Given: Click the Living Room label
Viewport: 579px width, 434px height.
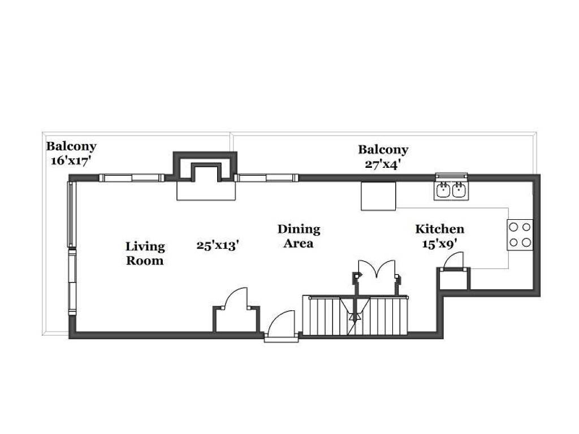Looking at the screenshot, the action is click(145, 254).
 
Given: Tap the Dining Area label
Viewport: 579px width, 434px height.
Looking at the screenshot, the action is click(299, 236).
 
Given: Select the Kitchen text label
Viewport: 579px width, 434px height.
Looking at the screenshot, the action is click(439, 229).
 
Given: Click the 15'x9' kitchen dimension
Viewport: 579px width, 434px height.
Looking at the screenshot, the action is click(440, 244).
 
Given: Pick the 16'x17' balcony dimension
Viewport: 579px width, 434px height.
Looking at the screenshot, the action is click(71, 161).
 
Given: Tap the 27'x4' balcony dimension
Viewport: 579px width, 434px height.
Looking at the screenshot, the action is click(383, 164).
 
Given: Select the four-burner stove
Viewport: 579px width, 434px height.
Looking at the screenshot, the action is click(520, 235).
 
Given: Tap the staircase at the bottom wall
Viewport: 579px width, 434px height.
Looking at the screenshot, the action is click(355, 315).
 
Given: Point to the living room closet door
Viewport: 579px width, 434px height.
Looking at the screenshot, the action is click(236, 297).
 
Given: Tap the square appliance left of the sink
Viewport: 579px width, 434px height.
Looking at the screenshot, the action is click(378, 196).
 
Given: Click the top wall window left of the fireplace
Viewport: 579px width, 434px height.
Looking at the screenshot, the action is click(131, 178).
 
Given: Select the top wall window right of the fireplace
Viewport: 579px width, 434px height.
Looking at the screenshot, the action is click(266, 178).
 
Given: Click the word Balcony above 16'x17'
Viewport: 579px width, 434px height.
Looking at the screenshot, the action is click(71, 146).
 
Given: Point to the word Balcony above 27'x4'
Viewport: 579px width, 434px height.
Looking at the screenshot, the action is click(383, 149).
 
